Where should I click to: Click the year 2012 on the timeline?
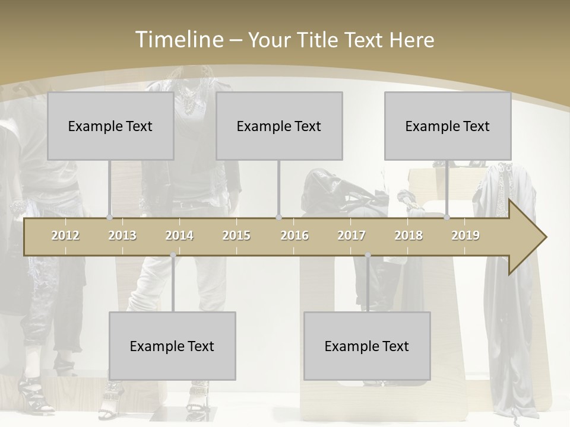[65, 235]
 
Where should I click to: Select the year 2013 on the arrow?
[122, 235]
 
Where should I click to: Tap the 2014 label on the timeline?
[179, 235]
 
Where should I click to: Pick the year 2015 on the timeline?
[236, 235]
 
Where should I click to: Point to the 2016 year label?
[294, 235]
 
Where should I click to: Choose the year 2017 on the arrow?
[351, 235]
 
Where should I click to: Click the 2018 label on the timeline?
[408, 235]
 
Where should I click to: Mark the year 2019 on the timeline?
[465, 235]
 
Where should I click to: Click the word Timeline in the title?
[179, 39]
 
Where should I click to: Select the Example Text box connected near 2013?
[110, 126]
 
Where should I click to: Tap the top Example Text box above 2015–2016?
[279, 126]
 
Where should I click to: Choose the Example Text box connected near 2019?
[448, 126]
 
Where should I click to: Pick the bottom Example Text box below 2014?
[172, 346]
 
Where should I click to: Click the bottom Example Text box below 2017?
[367, 346]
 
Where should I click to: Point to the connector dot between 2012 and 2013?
[109, 218]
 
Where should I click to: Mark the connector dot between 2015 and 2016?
[278, 218]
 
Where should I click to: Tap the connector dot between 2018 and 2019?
[447, 218]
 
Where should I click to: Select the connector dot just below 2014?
[173, 256]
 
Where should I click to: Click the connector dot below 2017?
[368, 256]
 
